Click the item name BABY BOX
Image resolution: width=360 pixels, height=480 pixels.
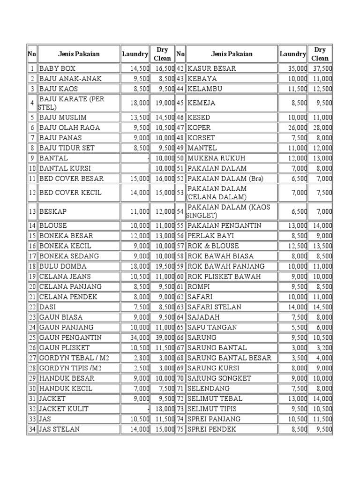[57, 68]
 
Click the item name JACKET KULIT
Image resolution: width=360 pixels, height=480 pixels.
[64, 409]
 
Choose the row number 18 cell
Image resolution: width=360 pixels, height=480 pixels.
[32, 266]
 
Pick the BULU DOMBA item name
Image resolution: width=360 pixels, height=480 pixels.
[63, 266]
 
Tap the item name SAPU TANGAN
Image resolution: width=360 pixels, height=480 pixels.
[212, 327]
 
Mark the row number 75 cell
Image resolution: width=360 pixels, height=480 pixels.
[180, 429]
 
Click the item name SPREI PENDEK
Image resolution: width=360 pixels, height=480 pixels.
[211, 429]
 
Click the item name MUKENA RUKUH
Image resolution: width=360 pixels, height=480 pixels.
[216, 158]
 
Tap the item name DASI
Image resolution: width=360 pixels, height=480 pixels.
[48, 307]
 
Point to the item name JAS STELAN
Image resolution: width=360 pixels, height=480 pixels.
[60, 429]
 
